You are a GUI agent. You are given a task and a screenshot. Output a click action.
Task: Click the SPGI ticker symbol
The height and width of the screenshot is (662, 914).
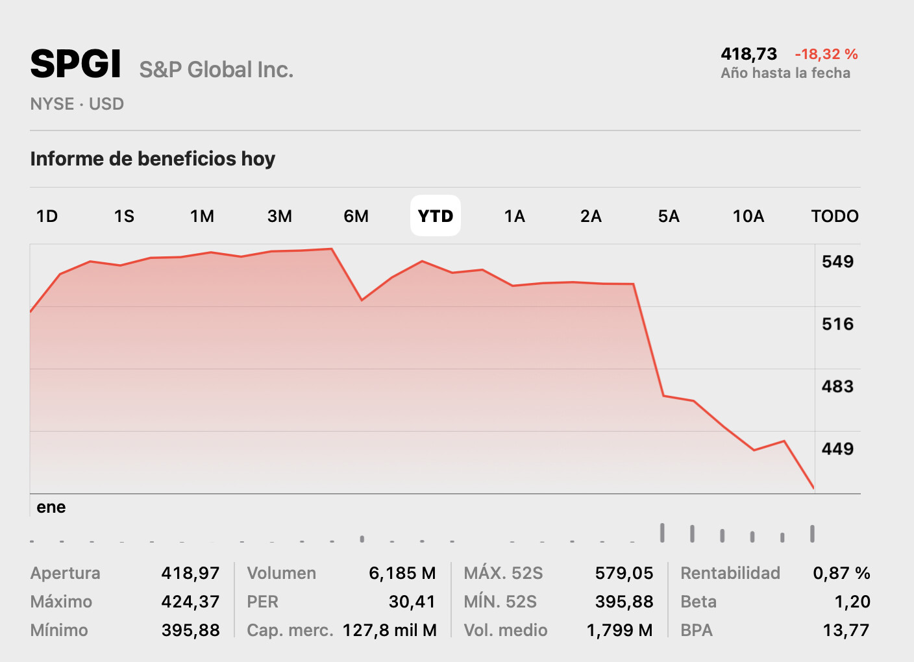[x=75, y=64]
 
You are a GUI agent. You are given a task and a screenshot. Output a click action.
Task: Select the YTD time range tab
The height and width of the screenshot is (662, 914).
[x=436, y=216]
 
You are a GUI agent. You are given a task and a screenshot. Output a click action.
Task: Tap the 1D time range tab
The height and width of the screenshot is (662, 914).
[x=47, y=216]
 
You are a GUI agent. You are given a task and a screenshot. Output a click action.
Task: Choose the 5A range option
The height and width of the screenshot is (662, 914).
[x=669, y=216]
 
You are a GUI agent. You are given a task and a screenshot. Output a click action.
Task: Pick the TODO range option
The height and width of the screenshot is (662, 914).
[x=835, y=216]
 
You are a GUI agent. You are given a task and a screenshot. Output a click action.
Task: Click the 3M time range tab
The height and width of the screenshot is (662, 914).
[x=280, y=216]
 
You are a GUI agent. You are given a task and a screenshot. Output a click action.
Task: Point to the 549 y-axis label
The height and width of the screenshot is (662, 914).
[x=837, y=262]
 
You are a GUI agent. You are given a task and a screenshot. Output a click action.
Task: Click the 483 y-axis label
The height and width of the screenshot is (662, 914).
[x=837, y=386]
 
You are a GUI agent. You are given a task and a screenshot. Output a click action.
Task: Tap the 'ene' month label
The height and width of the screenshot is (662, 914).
[x=51, y=507]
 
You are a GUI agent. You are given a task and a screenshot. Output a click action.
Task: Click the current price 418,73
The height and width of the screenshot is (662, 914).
[x=748, y=54]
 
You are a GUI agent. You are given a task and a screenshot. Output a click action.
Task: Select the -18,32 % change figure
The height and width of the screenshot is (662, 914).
[x=826, y=54]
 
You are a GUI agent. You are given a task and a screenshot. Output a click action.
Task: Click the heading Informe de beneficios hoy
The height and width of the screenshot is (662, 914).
[x=153, y=159]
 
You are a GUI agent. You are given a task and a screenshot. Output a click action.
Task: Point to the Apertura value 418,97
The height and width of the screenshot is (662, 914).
[x=190, y=573]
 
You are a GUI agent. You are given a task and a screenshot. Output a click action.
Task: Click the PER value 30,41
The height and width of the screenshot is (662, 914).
[x=412, y=602]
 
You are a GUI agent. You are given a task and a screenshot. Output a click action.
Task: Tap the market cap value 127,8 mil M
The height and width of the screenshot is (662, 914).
[x=389, y=630]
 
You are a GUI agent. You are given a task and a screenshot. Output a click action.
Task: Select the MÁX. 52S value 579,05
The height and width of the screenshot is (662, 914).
[x=624, y=573]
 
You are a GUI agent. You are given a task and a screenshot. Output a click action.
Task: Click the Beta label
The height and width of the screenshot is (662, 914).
[x=698, y=602]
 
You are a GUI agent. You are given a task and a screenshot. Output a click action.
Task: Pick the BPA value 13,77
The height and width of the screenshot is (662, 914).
[x=846, y=630]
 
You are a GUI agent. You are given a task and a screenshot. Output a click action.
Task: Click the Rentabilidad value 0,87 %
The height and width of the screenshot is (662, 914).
[x=841, y=573]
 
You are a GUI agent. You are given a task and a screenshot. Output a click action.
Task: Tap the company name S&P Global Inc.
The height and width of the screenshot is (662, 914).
[x=216, y=69]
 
